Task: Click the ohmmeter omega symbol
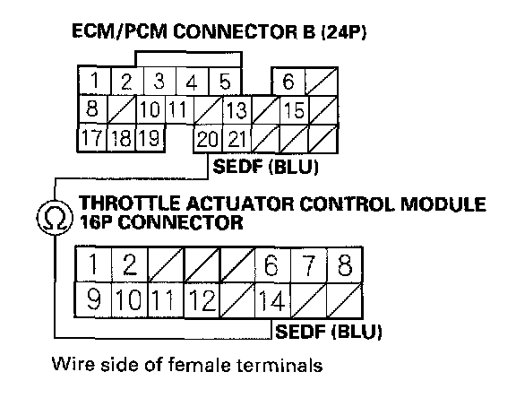55,218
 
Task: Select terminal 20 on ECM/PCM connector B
208,139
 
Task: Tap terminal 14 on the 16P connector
273,300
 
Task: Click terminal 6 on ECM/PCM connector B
288,82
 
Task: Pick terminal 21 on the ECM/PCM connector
236,139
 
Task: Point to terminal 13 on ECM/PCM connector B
236,110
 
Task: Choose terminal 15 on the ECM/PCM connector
294,110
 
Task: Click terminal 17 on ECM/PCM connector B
92,138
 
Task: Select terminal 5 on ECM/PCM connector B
225,82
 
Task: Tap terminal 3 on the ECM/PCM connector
159,82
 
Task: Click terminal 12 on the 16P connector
202,300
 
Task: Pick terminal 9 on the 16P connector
93,299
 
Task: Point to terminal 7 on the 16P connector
309,264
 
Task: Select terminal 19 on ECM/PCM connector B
150,138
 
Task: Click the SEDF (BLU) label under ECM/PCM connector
266,167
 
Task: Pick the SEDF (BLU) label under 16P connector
329,332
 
